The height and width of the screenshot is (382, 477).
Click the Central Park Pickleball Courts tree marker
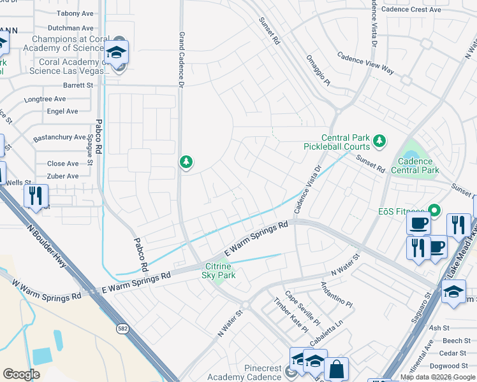pyautogui.click(x=379, y=140)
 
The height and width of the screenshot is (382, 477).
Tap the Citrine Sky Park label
pyautogui.click(x=219, y=271)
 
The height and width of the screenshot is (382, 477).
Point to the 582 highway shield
pyautogui.click(x=122, y=329)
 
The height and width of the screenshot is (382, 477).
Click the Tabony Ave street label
pyautogui.click(x=75, y=13)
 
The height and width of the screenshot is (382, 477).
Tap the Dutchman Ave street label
pyautogui.click(x=71, y=28)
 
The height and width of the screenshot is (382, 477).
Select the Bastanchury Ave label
pyautogui.click(x=59, y=137)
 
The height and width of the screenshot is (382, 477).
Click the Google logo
pyautogui.click(x=22, y=374)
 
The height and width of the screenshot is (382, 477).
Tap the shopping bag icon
pyautogui.click(x=337, y=369)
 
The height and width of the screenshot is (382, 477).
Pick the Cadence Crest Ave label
pyautogui.click(x=413, y=10)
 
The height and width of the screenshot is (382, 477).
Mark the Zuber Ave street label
pyautogui.click(x=63, y=176)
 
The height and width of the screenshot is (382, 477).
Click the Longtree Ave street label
pyautogui.click(x=45, y=99)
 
